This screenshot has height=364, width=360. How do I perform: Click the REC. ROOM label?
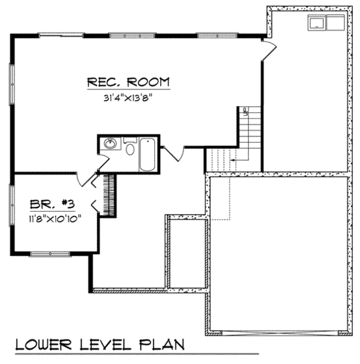pyautogui.click(x=128, y=82)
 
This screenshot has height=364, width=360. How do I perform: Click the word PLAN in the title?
pyautogui.click(x=163, y=346)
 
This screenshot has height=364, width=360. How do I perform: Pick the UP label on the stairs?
pyautogui.click(x=246, y=110)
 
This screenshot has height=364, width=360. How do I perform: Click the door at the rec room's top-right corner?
pyautogui.click(x=269, y=50)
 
